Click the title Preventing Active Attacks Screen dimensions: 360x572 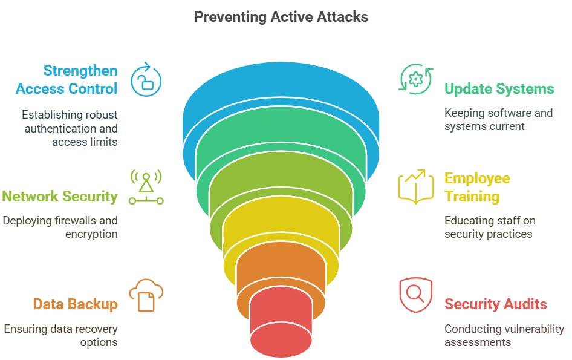281,16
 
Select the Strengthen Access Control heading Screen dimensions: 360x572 67,80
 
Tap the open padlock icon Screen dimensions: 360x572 146,77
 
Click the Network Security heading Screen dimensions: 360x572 60,196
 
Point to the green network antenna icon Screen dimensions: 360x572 146,187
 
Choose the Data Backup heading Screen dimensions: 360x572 75,304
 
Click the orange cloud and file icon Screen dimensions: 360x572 146,295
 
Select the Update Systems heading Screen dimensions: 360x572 499,89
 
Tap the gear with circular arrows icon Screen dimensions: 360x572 415,79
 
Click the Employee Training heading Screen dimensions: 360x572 477,188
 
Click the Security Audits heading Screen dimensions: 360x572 495,304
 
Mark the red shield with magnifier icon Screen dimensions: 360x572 415,295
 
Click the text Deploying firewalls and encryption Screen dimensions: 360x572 60,227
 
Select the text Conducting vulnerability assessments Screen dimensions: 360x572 504,336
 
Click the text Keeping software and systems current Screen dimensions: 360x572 498,120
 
